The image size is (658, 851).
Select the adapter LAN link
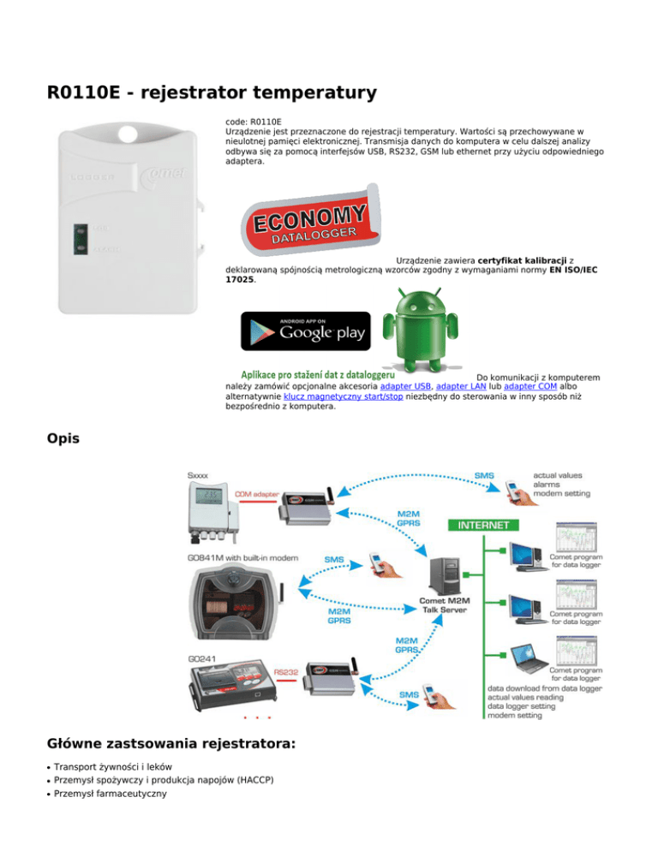[462, 387]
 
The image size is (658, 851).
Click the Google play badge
[306, 331]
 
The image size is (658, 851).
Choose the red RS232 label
[285, 672]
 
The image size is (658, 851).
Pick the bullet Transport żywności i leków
[113, 767]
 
